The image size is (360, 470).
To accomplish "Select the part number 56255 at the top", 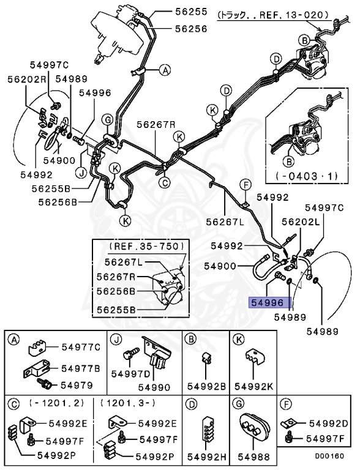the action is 191,12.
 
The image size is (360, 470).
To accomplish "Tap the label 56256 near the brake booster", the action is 191,29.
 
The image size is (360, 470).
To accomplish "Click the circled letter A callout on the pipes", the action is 165,70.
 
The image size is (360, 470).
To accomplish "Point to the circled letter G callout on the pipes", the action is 107,120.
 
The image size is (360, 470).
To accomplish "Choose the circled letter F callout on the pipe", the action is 246,185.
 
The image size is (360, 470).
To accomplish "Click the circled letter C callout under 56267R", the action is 165,182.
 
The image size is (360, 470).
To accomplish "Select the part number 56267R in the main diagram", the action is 156,124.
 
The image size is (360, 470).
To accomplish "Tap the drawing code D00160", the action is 329,456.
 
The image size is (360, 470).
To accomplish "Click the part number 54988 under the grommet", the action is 254,457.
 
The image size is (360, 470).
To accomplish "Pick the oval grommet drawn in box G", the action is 255,428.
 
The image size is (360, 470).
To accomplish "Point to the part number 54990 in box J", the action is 154,387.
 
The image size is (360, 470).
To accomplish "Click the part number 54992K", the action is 254,386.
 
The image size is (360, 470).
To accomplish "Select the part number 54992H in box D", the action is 207,457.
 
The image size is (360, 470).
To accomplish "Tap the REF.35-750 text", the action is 146,247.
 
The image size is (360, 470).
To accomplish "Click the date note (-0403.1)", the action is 307,176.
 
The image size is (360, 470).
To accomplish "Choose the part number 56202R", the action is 27,80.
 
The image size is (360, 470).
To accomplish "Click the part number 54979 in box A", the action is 77,385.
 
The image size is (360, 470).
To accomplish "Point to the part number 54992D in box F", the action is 329,423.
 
